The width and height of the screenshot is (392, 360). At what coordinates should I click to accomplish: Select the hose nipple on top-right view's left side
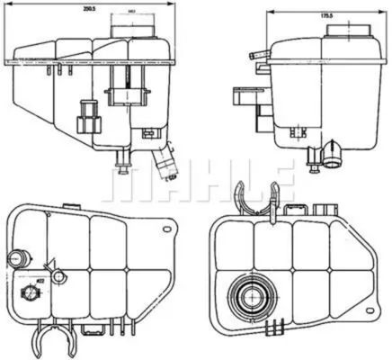pyautogui.click(x=261, y=56)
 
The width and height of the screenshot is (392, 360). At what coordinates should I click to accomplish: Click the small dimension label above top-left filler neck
pyautogui.click(x=132, y=13)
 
